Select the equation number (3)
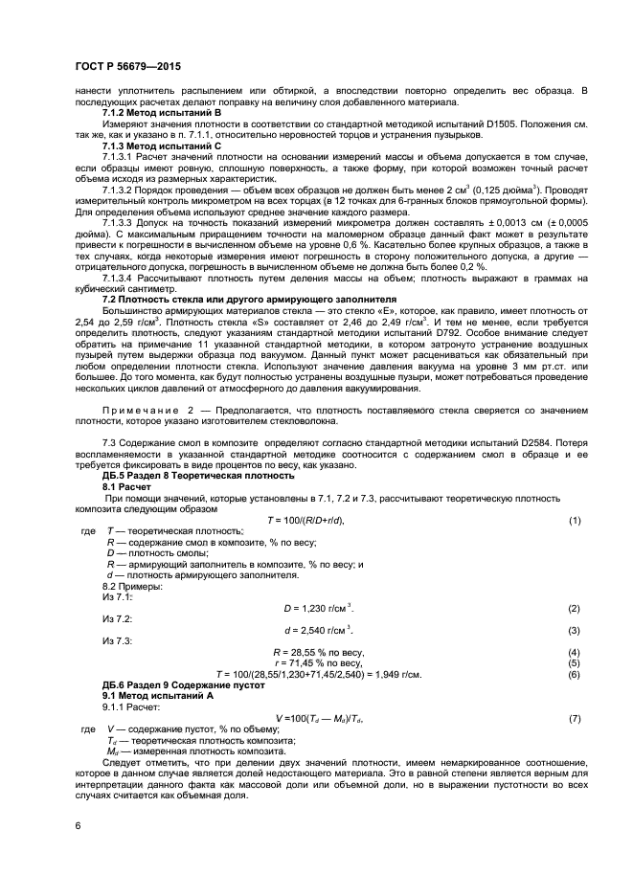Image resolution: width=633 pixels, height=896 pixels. tap(575, 630)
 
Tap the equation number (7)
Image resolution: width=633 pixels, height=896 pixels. tap(575, 717)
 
